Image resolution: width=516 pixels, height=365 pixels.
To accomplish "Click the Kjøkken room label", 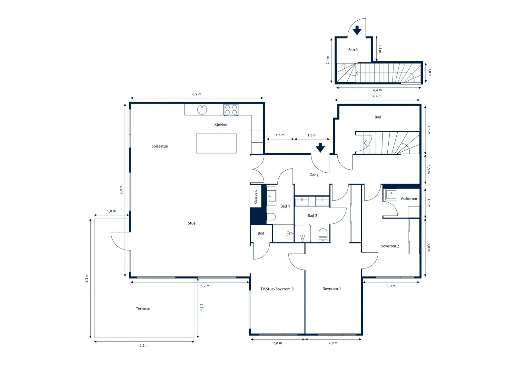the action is coord(221,125).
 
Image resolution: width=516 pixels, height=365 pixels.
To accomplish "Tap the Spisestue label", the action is coord(160,146).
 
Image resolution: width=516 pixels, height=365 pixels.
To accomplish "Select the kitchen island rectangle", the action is coord(216,143).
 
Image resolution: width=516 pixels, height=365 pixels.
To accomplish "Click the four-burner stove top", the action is coord(231,110).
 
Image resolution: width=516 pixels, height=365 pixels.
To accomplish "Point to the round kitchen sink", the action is coord(202,109).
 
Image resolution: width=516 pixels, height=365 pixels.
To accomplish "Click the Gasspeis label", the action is coord(255,197).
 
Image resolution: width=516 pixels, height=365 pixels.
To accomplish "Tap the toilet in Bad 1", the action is coord(271,217).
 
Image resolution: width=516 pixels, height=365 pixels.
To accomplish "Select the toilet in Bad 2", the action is coord(323,235).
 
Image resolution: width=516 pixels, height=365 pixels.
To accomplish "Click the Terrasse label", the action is coord(143,309).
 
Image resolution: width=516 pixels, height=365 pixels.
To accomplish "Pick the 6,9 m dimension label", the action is coord(197,94).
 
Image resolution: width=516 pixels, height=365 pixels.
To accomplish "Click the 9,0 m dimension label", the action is coord(121,190).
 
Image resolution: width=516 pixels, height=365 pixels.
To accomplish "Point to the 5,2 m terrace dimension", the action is coord(144,345).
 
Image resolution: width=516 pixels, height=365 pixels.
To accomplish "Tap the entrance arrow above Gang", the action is coord(320,148).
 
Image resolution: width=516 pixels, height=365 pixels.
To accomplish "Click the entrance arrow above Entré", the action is coord(357,30).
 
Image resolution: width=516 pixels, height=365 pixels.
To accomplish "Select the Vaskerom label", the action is coord(409,199).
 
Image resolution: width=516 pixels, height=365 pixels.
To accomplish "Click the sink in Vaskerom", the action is coord(391,195).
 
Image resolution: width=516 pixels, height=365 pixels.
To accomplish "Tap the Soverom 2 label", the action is coord(390,246).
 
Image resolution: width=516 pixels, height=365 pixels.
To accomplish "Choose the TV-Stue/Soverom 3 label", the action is coord(277,289).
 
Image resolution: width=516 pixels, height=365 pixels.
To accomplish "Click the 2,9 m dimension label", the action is coord(333,343).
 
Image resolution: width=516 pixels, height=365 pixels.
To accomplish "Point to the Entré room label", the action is coord(353,50).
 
